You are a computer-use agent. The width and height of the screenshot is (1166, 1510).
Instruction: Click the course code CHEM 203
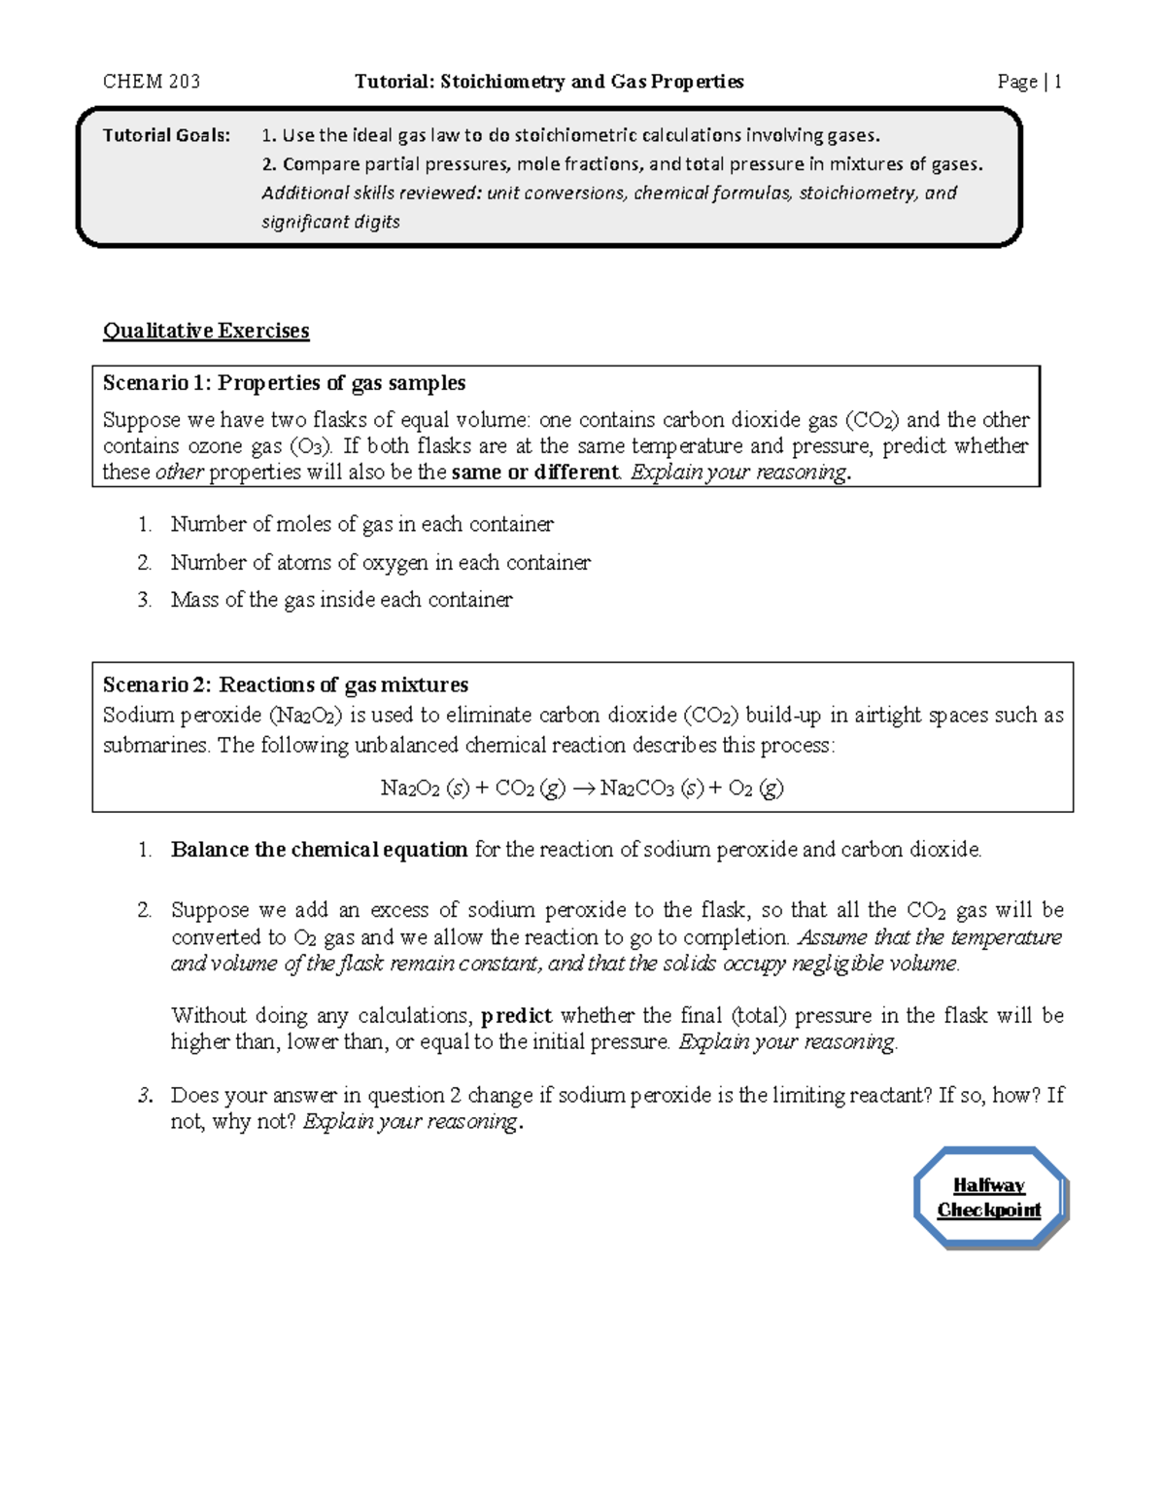[152, 82]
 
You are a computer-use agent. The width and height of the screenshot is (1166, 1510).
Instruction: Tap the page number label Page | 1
[1029, 82]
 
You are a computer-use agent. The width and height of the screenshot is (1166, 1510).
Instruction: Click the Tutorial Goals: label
[167, 135]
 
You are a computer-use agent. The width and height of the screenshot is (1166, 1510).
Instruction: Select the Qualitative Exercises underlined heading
[206, 331]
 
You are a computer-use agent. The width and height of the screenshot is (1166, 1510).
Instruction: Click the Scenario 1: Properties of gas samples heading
[284, 383]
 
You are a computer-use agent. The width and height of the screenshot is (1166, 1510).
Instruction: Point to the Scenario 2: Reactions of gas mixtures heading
[286, 685]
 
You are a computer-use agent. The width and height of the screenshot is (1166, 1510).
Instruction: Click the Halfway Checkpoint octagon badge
[989, 1198]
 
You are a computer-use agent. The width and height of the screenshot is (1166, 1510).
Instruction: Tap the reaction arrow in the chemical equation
[582, 789]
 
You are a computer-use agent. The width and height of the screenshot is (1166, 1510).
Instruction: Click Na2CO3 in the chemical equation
[637, 789]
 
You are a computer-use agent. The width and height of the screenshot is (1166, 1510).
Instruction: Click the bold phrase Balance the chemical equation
[319, 850]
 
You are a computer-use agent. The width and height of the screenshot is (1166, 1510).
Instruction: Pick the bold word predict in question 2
[516, 1016]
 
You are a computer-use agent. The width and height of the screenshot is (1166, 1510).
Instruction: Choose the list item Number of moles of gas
[361, 525]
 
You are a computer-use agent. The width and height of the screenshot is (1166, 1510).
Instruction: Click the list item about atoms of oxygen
[380, 563]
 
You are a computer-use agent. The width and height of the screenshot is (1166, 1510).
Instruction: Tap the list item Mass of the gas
[341, 600]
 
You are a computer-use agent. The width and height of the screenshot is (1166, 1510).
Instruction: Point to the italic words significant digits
[330, 222]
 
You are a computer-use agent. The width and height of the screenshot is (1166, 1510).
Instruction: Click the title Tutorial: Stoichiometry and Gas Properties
[549, 82]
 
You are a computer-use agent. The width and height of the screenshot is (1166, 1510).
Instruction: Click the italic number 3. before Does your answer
[145, 1096]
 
